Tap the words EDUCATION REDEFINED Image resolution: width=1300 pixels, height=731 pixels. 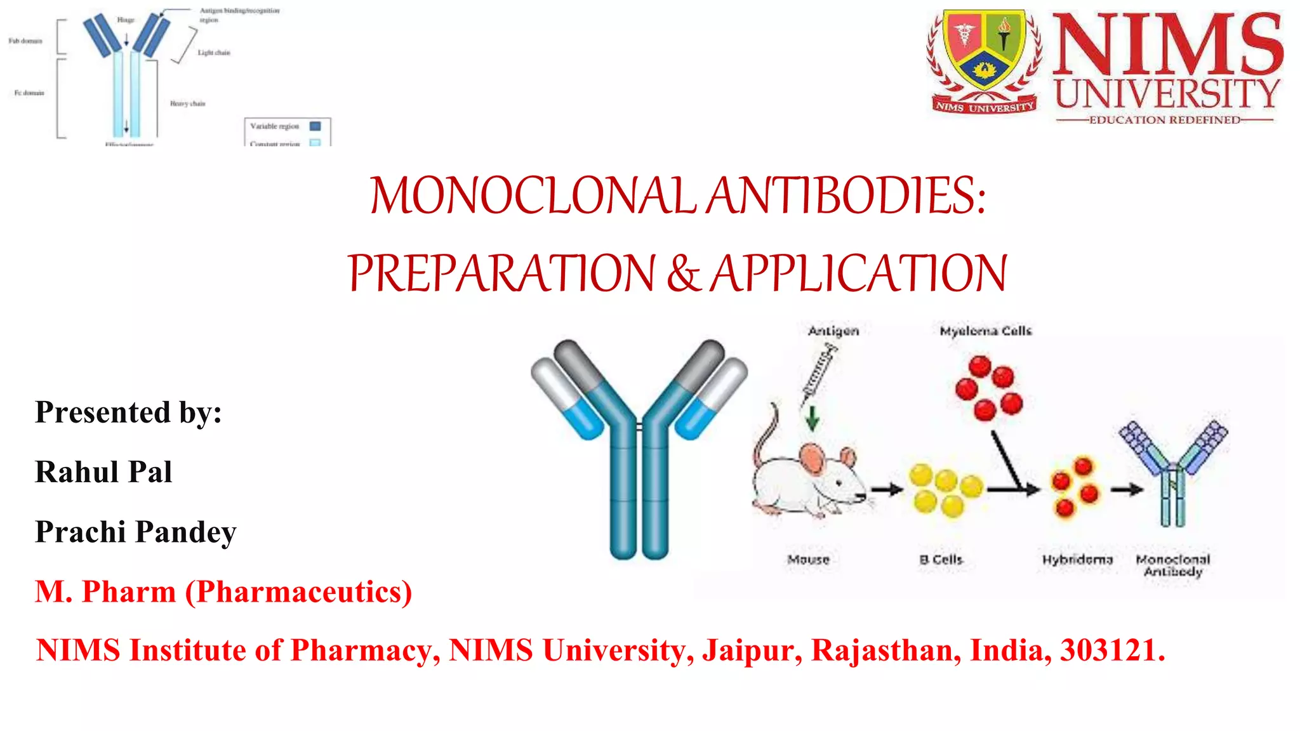tap(1165, 120)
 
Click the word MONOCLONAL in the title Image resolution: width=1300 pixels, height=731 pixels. tap(533, 195)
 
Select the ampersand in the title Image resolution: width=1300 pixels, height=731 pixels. tap(683, 273)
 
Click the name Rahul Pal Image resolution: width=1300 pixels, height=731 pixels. tap(103, 472)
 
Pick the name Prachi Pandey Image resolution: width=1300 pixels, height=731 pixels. tap(135, 532)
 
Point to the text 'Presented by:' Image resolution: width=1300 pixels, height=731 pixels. tap(128, 412)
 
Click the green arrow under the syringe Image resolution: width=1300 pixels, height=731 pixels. tap(812, 418)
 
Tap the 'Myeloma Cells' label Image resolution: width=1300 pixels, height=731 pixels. tap(985, 331)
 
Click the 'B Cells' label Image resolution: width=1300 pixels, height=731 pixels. tap(941, 560)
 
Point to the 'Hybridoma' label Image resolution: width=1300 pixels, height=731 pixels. tap(1077, 560)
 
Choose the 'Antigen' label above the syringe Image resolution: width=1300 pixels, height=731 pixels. tap(833, 331)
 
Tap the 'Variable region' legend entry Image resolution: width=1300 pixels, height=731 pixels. tap(275, 126)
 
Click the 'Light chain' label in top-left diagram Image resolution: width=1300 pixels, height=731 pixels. tap(214, 53)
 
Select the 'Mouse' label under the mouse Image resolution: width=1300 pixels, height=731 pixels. tap(808, 560)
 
